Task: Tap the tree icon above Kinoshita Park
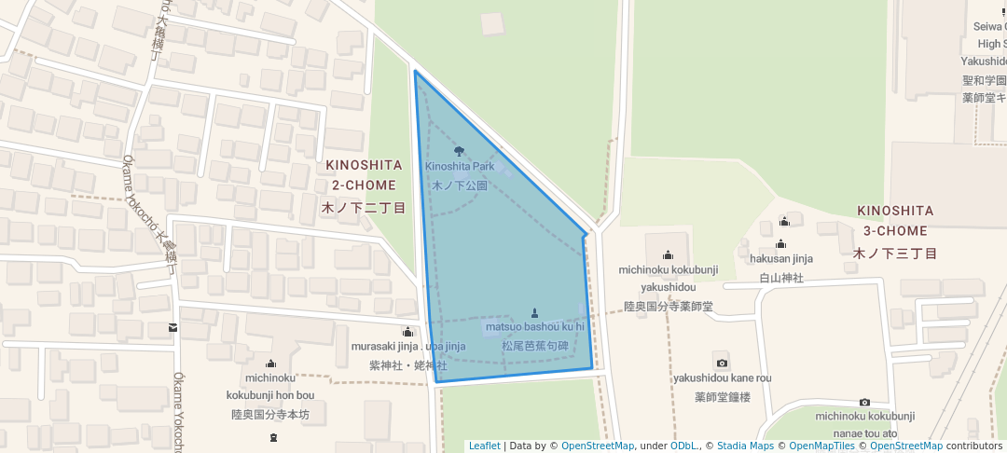point(458,151)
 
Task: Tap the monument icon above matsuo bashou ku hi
point(534,313)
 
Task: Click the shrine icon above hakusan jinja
point(780,244)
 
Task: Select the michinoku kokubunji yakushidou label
point(669,279)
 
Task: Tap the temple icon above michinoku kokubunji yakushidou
point(668,254)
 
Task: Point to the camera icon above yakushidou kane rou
point(721,363)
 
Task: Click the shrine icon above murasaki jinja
point(407,332)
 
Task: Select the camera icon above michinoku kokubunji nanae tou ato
point(864,402)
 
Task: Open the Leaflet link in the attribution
point(484,446)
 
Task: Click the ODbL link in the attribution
point(684,446)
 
